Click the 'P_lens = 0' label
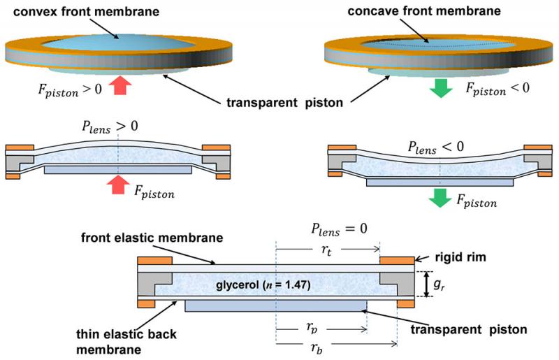[339, 229]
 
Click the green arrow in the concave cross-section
[440, 199]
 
